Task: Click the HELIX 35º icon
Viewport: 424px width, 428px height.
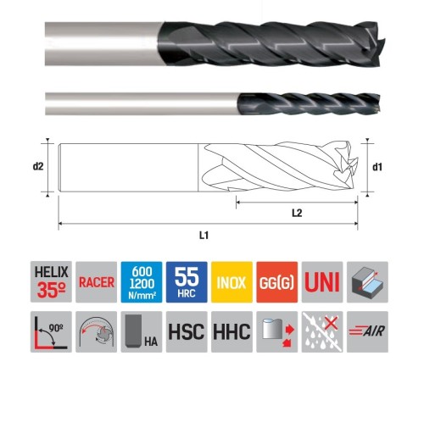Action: point(48,282)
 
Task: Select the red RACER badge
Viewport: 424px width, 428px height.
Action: point(94,282)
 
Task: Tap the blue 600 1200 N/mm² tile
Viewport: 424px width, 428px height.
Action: point(140,282)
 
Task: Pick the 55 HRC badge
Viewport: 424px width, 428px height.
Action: point(186,282)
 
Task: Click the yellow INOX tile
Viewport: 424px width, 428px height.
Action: point(231,282)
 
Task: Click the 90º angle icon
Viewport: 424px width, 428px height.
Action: point(48,331)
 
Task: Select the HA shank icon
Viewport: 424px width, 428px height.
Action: point(140,331)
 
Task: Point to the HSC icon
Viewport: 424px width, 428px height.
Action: point(186,331)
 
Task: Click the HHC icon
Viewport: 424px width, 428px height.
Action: point(231,331)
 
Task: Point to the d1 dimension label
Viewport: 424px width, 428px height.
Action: point(377,166)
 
